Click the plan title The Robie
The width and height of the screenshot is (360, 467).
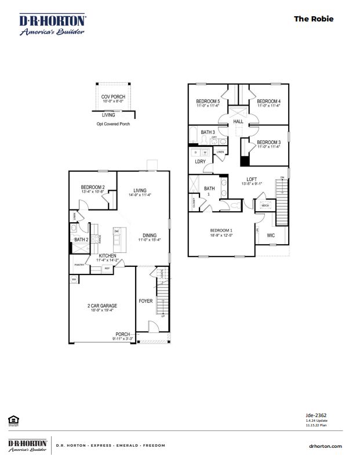click(314, 19)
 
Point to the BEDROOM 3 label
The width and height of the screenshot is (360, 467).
click(268, 142)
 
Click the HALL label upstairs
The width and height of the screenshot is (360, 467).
click(238, 122)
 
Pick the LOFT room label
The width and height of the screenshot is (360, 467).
click(251, 179)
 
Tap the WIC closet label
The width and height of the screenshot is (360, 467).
click(271, 236)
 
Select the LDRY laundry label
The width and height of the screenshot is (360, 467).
click(200, 162)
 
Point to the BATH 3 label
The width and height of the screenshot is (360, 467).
click(208, 132)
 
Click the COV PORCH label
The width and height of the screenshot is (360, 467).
click(113, 97)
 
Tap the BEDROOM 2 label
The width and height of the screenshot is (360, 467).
click(93, 187)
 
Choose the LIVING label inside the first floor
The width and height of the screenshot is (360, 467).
click(140, 190)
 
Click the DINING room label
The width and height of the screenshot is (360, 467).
click(148, 235)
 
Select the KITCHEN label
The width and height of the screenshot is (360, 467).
click(107, 256)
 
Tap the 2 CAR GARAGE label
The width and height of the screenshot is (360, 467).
click(102, 306)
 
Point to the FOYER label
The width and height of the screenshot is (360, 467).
click(145, 302)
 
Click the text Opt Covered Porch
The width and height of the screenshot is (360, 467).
click(113, 124)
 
